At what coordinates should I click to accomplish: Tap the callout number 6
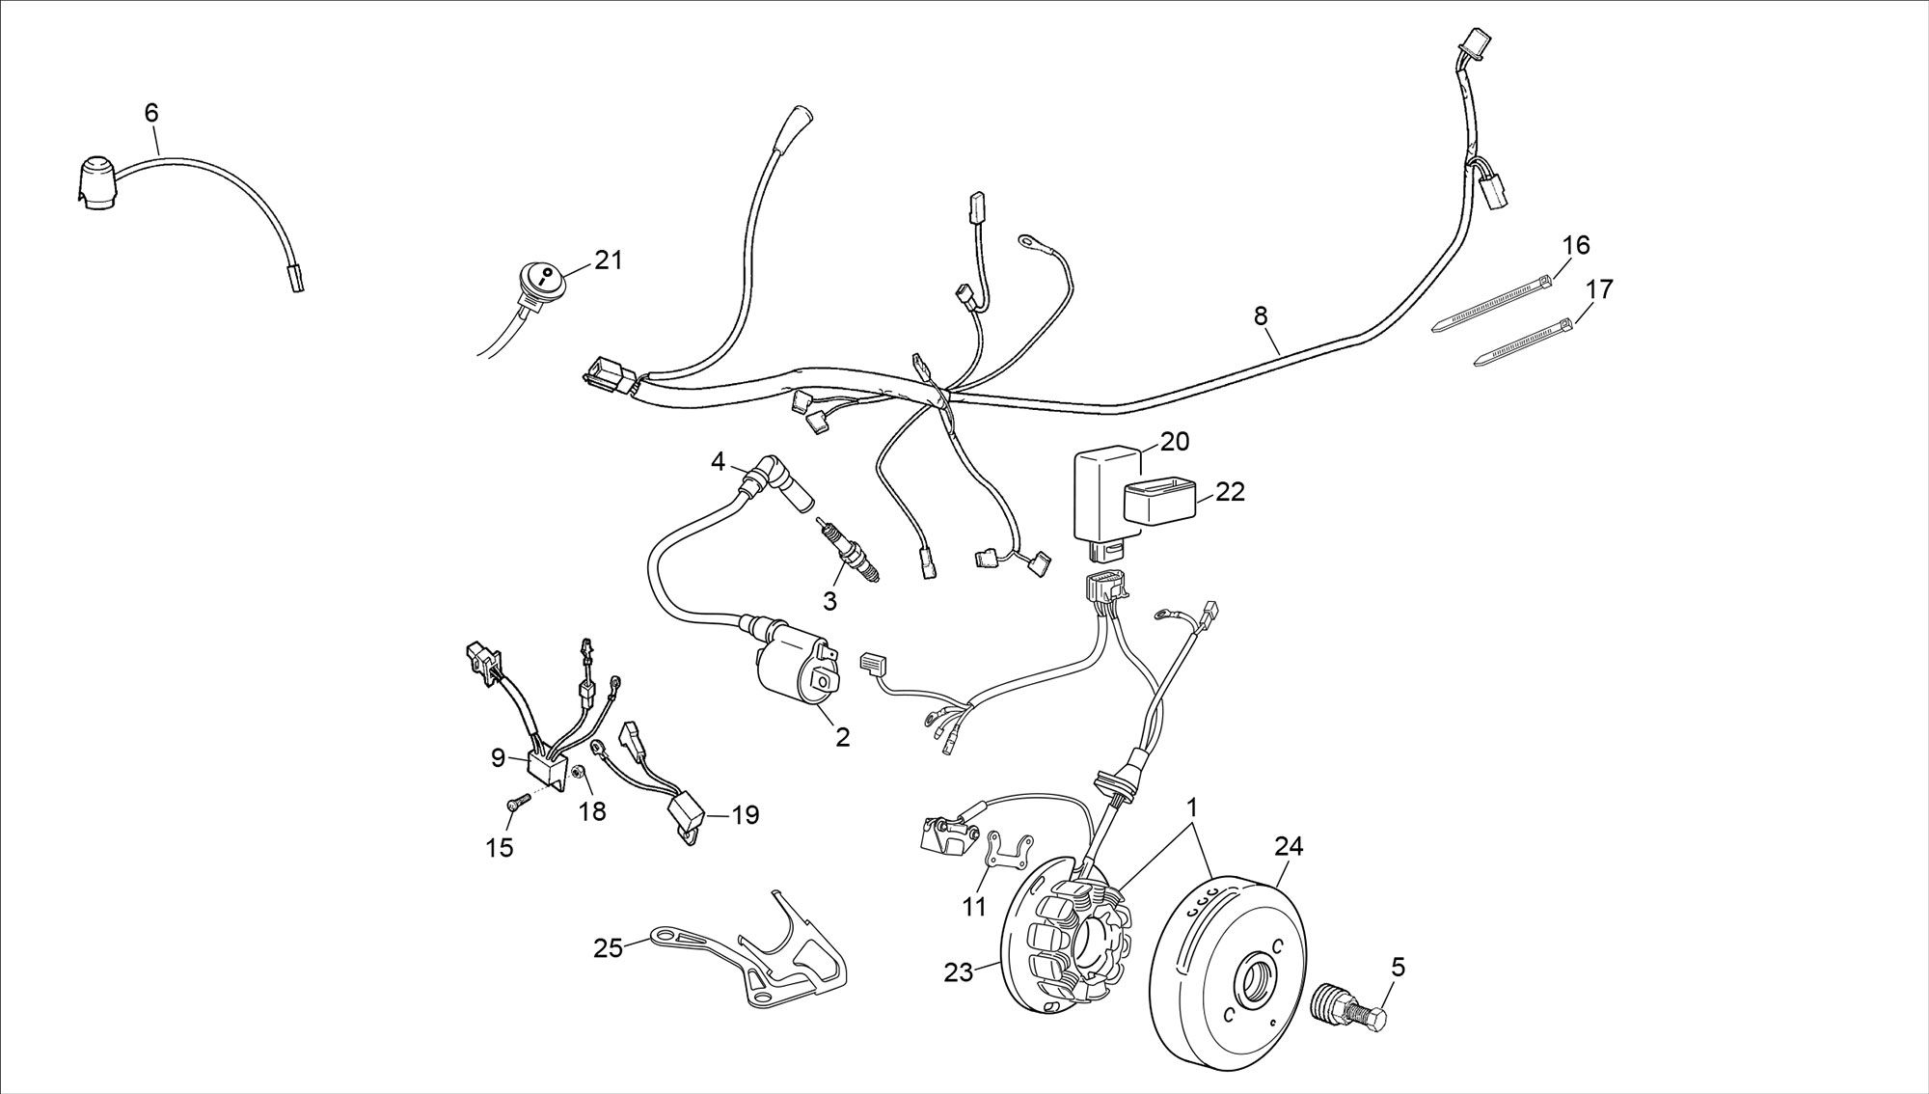click(x=151, y=113)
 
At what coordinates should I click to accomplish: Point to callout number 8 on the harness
click(x=1261, y=315)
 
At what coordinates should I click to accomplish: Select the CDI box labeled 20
click(x=1104, y=497)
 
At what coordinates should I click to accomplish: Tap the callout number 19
click(x=745, y=815)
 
